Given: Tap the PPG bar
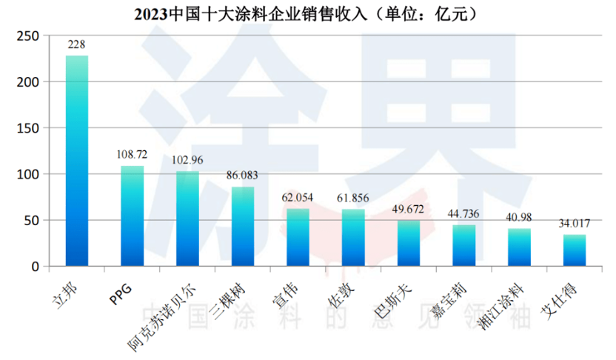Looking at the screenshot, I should tap(132, 216).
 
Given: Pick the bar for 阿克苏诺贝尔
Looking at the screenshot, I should tap(187, 219).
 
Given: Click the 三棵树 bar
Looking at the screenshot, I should tap(243, 226).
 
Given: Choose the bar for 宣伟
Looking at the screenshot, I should tap(298, 237).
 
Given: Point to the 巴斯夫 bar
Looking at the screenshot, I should tap(409, 243).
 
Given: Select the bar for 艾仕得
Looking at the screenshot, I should tap(575, 250).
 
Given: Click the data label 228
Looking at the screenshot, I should tap(76, 45).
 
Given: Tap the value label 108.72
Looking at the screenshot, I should tap(132, 155).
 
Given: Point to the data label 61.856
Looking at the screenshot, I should tap(353, 199).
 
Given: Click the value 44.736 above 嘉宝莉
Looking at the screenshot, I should tap(463, 214).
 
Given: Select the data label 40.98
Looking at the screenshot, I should tap(519, 218).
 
